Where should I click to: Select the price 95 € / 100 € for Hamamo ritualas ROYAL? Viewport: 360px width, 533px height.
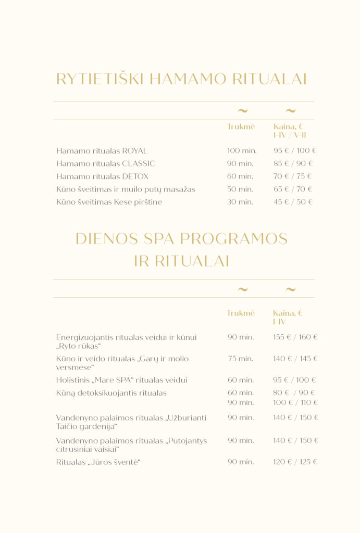tap(295, 151)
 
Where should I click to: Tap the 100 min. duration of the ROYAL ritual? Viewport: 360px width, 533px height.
tap(242, 151)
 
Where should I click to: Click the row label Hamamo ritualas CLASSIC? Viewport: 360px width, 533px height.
tap(106, 163)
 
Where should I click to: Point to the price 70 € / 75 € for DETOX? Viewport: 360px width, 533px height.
tap(293, 176)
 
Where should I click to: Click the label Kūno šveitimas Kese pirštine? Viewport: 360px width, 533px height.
tap(109, 202)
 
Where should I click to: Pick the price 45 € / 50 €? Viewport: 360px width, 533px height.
tap(293, 202)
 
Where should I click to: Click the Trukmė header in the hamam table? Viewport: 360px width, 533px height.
tap(241, 126)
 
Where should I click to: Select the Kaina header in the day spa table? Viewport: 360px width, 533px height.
tap(288, 313)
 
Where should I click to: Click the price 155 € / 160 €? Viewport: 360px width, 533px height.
tap(295, 337)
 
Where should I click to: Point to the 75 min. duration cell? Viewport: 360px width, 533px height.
tap(240, 359)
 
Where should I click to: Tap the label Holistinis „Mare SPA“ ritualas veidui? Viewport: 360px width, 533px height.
tap(121, 380)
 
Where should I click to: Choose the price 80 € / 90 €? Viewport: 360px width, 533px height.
tap(294, 393)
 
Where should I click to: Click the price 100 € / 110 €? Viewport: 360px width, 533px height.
tap(295, 402)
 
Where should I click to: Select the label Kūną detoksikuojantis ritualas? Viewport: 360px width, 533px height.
tap(111, 393)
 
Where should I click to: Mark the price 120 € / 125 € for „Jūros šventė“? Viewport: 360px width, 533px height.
tap(295, 462)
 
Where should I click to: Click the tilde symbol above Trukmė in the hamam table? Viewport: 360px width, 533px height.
tap(242, 110)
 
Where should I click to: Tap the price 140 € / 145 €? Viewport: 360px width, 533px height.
tap(295, 359)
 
